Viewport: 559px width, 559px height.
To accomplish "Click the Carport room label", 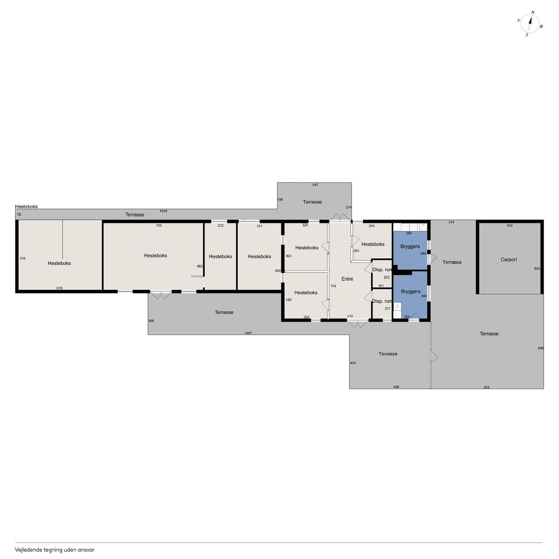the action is [x=508, y=259].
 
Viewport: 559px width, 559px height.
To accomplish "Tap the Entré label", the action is [x=347, y=279].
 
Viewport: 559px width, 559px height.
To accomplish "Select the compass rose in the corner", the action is [x=529, y=24].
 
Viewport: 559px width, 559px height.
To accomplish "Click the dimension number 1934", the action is [x=163, y=211].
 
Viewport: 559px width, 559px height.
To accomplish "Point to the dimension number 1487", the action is [x=248, y=333].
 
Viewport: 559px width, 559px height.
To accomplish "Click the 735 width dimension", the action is [x=159, y=225].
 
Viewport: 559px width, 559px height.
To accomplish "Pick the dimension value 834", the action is [x=487, y=387].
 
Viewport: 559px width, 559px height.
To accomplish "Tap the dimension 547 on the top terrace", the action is [x=315, y=185].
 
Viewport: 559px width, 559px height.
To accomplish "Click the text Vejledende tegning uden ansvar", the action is [x=55, y=550].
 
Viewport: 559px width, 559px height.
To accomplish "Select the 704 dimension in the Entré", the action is [x=333, y=286].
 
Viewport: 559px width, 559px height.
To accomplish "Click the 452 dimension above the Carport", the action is [x=509, y=225].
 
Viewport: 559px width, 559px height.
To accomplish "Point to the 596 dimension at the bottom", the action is [x=396, y=386].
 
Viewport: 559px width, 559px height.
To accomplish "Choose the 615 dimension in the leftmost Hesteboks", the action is [x=59, y=288].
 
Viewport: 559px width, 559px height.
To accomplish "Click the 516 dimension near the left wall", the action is [x=23, y=258].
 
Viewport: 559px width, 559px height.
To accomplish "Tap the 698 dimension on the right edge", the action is [x=540, y=348].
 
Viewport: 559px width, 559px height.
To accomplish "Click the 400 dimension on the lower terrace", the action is [x=353, y=363].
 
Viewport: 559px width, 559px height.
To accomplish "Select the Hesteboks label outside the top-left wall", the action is [x=26, y=207].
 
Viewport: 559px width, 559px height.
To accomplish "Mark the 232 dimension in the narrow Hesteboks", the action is [x=221, y=225].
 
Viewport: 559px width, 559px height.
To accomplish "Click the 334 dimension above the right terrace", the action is [x=451, y=222].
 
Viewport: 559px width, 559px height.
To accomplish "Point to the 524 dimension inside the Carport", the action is [x=537, y=269].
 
